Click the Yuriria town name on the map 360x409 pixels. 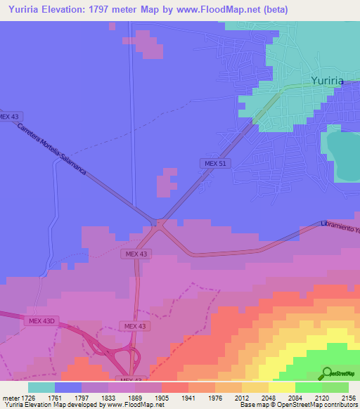327,81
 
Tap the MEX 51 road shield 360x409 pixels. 212,164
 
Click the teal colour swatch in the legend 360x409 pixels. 41,387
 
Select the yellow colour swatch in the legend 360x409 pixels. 282,387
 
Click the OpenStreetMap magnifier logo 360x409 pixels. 326,373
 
